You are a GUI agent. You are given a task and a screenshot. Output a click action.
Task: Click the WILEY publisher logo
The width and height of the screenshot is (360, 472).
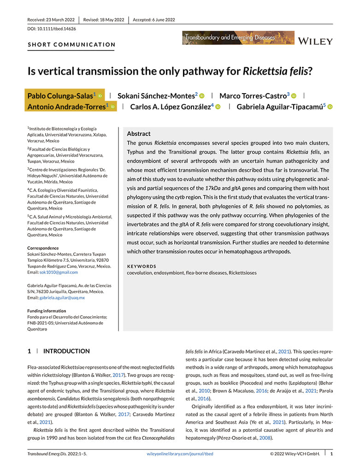tap(315, 41)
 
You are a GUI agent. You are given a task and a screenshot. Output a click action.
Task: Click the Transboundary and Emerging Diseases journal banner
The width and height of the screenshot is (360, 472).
tap(238, 38)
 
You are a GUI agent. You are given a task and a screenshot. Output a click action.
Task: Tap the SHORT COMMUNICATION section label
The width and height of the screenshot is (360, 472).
tap(71, 45)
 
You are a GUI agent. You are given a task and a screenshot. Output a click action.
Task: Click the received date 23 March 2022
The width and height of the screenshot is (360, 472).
tap(51, 20)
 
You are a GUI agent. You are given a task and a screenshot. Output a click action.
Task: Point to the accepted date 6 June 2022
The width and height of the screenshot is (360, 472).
tap(154, 20)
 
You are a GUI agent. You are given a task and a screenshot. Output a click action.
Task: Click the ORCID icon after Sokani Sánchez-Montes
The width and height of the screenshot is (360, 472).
tap(202, 96)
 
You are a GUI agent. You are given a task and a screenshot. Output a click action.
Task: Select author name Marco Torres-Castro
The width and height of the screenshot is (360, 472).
tap(254, 95)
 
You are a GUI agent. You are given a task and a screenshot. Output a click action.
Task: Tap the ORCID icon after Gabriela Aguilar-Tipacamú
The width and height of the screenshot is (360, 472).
tap(330, 107)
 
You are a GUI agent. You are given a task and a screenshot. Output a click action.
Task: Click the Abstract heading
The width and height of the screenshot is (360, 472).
tap(138, 133)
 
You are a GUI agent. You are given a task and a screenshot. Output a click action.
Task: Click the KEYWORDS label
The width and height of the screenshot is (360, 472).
tap(142, 266)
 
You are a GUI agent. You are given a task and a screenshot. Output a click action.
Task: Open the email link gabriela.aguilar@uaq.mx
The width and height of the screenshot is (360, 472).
tap(62, 298)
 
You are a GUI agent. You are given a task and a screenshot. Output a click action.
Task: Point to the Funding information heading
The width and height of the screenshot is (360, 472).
tap(50, 311)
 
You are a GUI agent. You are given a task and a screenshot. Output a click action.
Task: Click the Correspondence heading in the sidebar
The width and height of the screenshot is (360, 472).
tap(43, 248)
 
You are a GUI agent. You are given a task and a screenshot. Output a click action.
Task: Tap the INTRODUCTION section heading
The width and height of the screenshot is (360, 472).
tap(66, 351)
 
